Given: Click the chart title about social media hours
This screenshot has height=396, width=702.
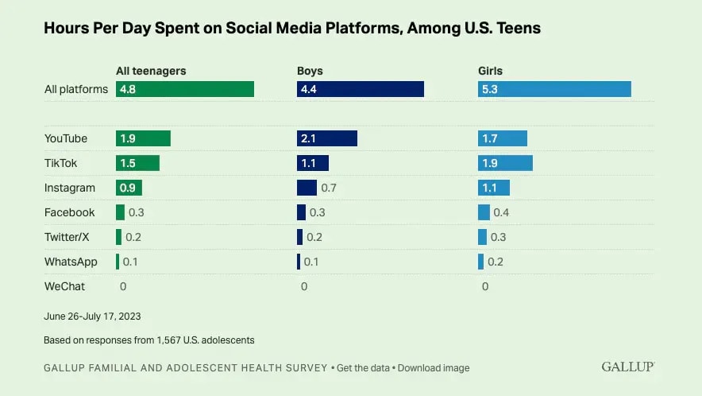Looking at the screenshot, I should [292, 29].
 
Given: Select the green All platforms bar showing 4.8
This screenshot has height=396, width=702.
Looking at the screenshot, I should [185, 89].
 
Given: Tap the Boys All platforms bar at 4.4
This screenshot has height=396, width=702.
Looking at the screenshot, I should [360, 89].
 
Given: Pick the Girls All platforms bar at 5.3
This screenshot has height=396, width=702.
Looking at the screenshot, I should [554, 89].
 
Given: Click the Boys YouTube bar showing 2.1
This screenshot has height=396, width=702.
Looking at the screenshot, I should [326, 138].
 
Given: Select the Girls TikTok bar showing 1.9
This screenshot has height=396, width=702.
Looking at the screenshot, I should [505, 163].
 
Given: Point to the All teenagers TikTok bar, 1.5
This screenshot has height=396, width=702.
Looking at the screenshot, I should [137, 163].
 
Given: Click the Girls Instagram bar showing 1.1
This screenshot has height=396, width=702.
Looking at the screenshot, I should [494, 188].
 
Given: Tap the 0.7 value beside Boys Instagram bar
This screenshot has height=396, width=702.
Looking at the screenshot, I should [329, 188].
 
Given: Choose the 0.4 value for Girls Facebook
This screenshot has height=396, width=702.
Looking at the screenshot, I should [501, 212].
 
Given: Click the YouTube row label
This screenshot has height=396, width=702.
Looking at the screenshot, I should [66, 138].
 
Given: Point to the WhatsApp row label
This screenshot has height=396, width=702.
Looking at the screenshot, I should [71, 262].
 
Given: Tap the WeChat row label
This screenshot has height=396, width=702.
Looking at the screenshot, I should [64, 286].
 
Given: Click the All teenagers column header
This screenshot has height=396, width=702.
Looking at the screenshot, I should [151, 71].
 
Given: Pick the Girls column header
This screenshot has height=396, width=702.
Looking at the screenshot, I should [490, 71].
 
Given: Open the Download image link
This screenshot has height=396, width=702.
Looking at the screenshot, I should [434, 368].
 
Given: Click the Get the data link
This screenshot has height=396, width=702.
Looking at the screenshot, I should [363, 368].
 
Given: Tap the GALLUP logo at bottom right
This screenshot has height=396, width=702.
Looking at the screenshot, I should [628, 367].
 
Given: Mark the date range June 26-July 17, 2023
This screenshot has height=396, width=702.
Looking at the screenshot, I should [92, 316].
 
